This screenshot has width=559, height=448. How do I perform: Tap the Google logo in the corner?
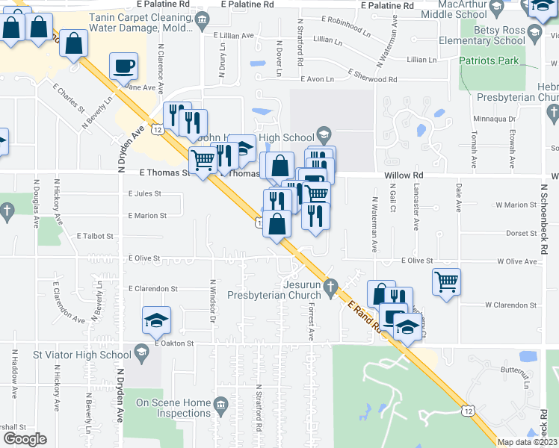(24, 439)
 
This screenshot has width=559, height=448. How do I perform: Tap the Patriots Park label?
(489, 60)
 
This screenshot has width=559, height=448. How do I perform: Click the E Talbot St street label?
(95, 235)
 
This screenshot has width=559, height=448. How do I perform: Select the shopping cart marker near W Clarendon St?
(446, 282)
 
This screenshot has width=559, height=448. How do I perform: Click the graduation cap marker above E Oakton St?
(156, 320)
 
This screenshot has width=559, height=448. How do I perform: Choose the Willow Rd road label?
(404, 175)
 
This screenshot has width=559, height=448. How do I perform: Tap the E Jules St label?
(144, 193)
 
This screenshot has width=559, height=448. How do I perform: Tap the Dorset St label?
(517, 233)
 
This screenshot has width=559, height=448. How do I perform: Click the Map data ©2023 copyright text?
(526, 442)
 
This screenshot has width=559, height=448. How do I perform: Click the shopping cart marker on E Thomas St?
(203, 159)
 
